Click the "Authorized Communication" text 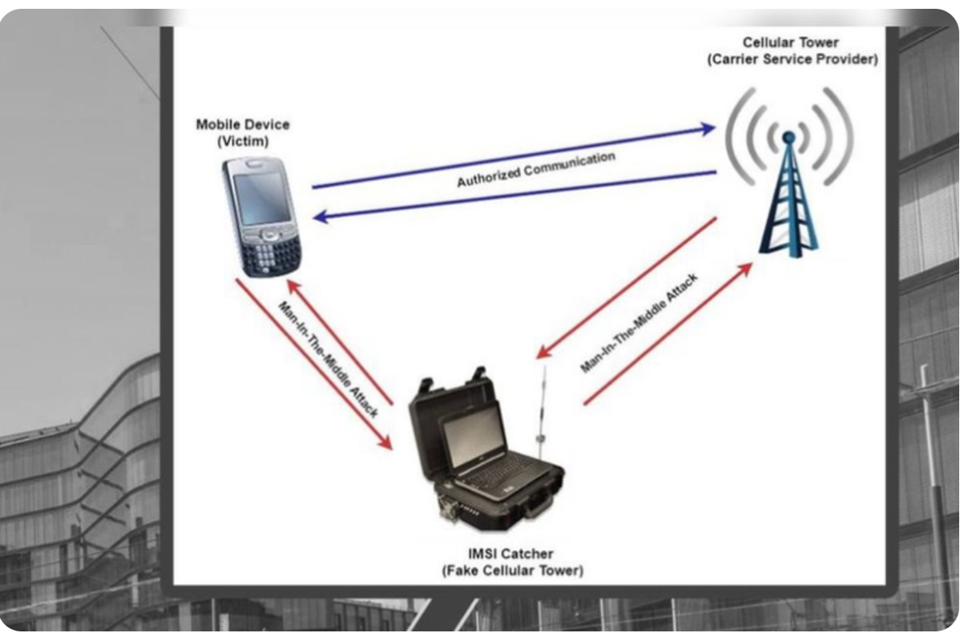(535, 170)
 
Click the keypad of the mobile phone (275, 255)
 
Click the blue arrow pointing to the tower (513, 155)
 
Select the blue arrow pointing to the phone (513, 193)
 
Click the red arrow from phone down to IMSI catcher (313, 365)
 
